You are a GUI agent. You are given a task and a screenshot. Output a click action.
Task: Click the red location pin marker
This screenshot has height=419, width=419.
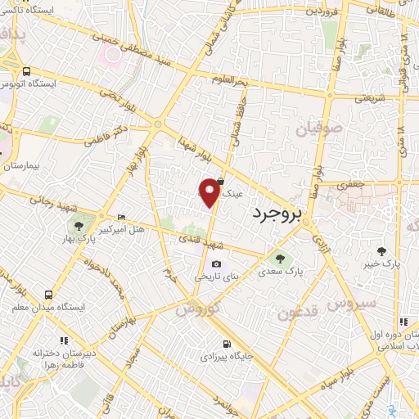click(x=209, y=191)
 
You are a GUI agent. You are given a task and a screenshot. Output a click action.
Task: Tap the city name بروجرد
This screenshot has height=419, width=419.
click(x=273, y=212)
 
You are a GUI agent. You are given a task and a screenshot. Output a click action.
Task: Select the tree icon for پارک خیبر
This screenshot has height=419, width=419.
click(x=381, y=250)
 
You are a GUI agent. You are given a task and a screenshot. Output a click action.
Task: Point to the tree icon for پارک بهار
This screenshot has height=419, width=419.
click(x=79, y=226)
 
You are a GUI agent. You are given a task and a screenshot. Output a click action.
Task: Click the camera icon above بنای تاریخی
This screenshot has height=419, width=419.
click(x=216, y=264)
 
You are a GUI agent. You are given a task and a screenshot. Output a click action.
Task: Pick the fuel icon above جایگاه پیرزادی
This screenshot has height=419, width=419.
click(x=225, y=344)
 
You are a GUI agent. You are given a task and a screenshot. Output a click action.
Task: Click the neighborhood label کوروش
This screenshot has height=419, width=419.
click(x=197, y=310)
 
